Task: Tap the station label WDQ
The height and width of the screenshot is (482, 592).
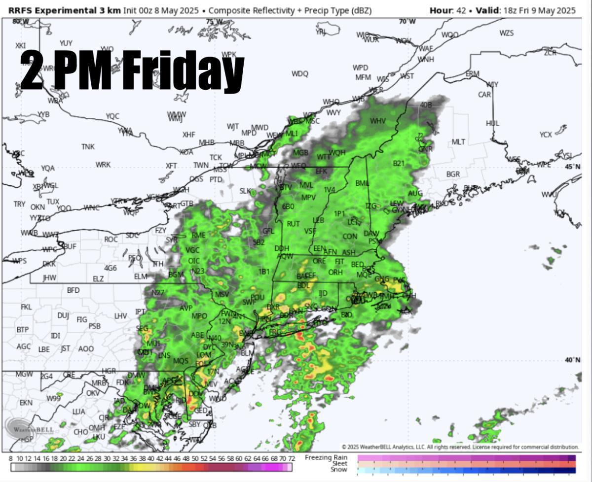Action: tap(299, 74)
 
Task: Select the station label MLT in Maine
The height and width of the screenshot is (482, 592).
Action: tap(458, 142)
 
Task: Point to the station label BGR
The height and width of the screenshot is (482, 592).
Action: tap(453, 174)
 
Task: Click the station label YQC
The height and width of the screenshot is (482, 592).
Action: tap(112, 116)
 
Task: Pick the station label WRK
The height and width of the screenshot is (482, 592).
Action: tap(103, 165)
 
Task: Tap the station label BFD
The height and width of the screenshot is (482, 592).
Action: tap(73, 290)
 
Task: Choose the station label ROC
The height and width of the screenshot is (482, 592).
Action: tap(111, 240)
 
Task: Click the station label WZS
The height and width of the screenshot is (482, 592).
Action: tap(506, 33)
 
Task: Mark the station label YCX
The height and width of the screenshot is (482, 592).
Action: tap(546, 135)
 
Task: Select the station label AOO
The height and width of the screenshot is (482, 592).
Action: tap(86, 348)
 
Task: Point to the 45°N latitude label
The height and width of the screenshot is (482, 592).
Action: tap(573, 167)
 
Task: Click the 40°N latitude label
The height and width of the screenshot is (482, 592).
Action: tap(573, 360)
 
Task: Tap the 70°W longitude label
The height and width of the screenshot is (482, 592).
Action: tap(407, 22)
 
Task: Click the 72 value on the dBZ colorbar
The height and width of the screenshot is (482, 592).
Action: tap(292, 458)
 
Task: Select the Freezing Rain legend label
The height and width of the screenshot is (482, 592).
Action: tap(326, 457)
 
